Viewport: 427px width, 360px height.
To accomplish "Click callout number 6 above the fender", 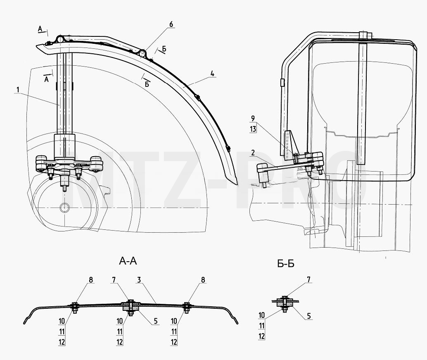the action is click(x=171, y=24).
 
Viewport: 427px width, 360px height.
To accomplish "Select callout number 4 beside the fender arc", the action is click(x=212, y=73).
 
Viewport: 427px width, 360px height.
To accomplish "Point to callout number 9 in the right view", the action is click(x=253, y=118).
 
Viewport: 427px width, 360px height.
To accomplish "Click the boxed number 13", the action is click(x=253, y=129).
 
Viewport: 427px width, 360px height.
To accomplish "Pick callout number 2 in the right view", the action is click(x=253, y=153).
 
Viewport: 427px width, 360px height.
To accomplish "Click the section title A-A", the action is click(x=128, y=261).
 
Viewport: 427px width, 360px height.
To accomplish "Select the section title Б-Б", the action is click(x=286, y=264).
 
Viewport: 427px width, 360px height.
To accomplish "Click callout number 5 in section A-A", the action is click(x=156, y=321).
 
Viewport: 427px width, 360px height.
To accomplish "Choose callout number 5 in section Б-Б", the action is click(x=309, y=316).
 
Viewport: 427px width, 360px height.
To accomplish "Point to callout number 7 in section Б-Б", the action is click(x=308, y=279).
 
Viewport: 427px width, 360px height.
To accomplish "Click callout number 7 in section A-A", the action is click(x=114, y=280).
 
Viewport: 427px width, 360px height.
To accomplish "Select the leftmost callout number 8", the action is click(x=91, y=280).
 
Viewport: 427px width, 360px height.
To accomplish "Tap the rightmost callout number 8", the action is click(x=203, y=280).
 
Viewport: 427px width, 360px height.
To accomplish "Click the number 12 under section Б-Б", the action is click(x=262, y=336).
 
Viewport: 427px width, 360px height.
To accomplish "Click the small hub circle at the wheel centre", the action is click(x=65, y=207).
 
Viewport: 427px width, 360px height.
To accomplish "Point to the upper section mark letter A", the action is click(x=40, y=29).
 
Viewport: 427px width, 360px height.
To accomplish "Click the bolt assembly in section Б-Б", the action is click(x=285, y=304).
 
